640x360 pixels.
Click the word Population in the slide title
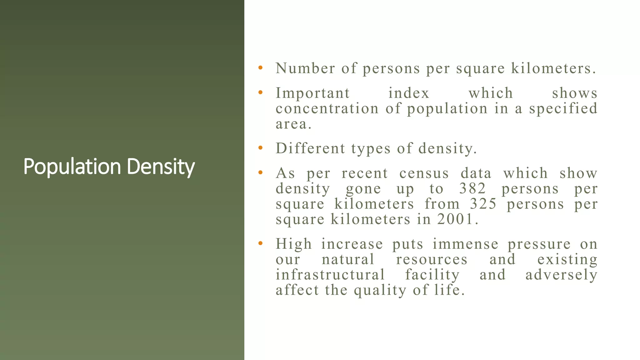[x=72, y=167]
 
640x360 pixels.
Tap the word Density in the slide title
[x=161, y=167]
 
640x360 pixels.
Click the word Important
[x=312, y=93]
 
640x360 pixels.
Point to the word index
[x=409, y=93]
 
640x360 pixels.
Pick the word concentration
[x=327, y=108]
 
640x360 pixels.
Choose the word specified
[x=563, y=108]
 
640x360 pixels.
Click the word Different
[x=310, y=148]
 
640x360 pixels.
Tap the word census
[x=424, y=173]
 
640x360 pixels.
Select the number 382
[x=472, y=188]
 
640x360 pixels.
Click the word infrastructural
[x=330, y=275]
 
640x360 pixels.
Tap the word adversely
[x=561, y=275]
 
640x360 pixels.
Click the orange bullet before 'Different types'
[x=260, y=148]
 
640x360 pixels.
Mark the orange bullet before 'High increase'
[x=260, y=243]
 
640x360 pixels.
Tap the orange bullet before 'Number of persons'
[x=260, y=68]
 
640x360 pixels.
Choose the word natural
[x=348, y=259]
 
